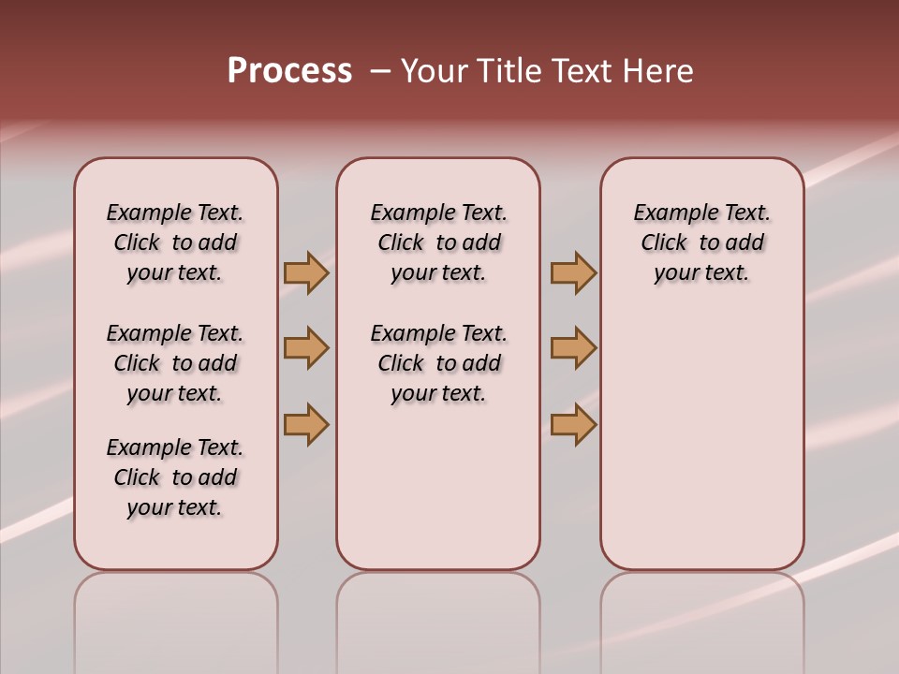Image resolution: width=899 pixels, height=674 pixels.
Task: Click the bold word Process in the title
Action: (289, 71)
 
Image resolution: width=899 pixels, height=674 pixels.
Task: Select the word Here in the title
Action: (657, 71)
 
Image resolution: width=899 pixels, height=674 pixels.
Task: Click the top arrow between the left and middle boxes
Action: (306, 272)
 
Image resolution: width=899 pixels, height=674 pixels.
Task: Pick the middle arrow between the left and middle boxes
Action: (306, 348)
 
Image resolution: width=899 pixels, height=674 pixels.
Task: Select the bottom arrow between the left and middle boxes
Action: (306, 424)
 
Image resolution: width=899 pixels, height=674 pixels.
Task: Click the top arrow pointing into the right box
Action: (573, 272)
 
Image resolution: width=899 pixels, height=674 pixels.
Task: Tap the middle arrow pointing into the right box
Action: (573, 348)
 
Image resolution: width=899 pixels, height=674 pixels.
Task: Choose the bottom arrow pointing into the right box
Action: (573, 424)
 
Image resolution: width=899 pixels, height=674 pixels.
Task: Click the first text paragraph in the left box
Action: (175, 242)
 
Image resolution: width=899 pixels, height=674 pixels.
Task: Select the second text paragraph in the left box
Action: (175, 363)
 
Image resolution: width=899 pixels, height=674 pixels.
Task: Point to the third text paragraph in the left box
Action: (175, 477)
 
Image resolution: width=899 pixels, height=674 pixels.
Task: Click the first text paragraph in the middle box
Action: (438, 242)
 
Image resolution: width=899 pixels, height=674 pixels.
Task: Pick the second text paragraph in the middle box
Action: (438, 363)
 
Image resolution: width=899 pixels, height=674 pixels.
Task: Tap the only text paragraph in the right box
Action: (701, 242)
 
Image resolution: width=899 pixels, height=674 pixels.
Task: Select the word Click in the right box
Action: (664, 243)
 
